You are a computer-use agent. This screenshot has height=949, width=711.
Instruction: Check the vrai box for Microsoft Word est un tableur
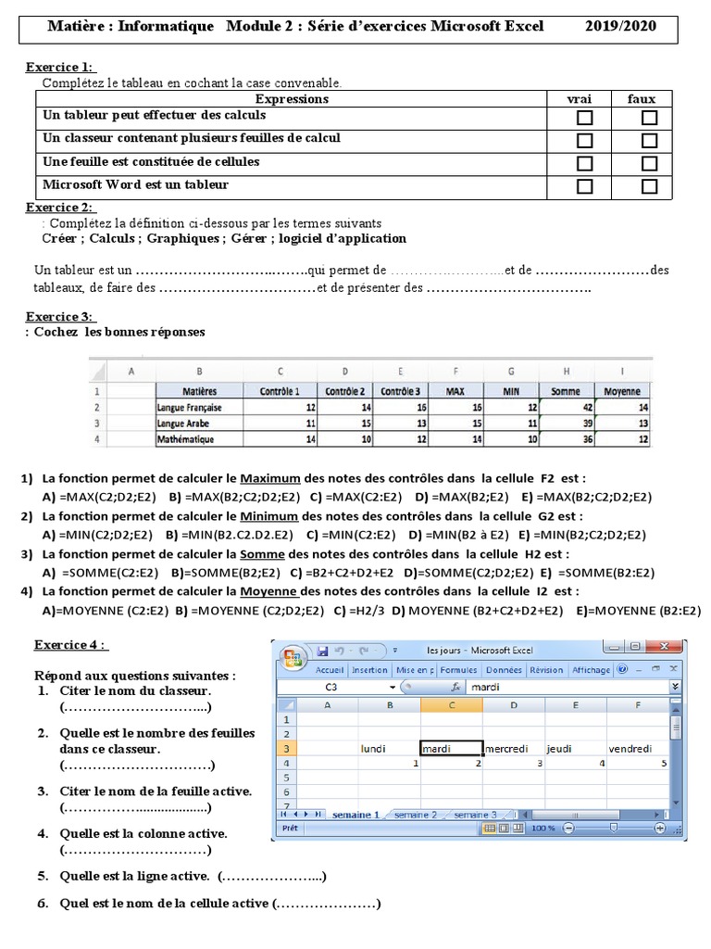click(584, 186)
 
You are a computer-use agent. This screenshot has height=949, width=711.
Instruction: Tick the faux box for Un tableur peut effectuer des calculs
click(649, 118)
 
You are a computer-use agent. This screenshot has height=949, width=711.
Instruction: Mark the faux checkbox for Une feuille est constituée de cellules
click(649, 164)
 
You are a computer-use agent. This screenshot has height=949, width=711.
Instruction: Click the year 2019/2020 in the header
click(620, 26)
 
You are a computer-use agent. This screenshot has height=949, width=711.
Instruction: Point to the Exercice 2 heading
click(60, 207)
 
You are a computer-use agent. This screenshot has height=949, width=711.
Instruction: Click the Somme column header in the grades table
click(565, 391)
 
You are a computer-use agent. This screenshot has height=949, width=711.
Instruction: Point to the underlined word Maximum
click(270, 479)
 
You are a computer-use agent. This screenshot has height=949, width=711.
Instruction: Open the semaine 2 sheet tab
click(415, 815)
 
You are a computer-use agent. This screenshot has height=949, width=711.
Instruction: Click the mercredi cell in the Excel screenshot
click(512, 749)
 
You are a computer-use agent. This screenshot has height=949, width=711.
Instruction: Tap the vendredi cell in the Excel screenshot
click(630, 749)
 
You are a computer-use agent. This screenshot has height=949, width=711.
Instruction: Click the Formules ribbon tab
click(458, 669)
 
